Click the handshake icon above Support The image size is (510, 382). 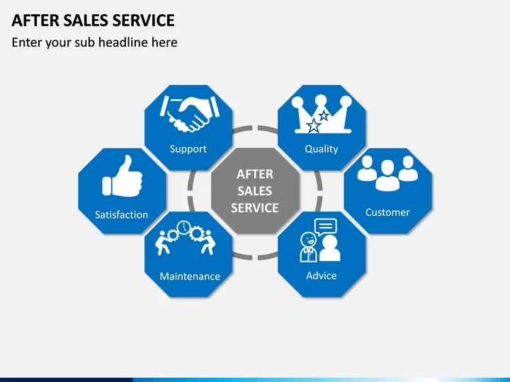(188, 114)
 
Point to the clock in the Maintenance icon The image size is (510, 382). (183, 228)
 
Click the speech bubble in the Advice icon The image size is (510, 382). (325, 227)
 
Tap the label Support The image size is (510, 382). (188, 149)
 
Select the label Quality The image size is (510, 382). (321, 149)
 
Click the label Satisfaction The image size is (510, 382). (122, 214)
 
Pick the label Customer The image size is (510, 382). (387, 212)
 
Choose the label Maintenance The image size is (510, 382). (190, 276)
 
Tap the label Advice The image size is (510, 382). (321, 275)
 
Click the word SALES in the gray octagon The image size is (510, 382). (255, 191)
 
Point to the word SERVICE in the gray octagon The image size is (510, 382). (255, 208)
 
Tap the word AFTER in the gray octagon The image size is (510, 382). (255, 174)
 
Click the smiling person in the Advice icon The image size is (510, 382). (308, 245)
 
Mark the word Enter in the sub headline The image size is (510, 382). (27, 42)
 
